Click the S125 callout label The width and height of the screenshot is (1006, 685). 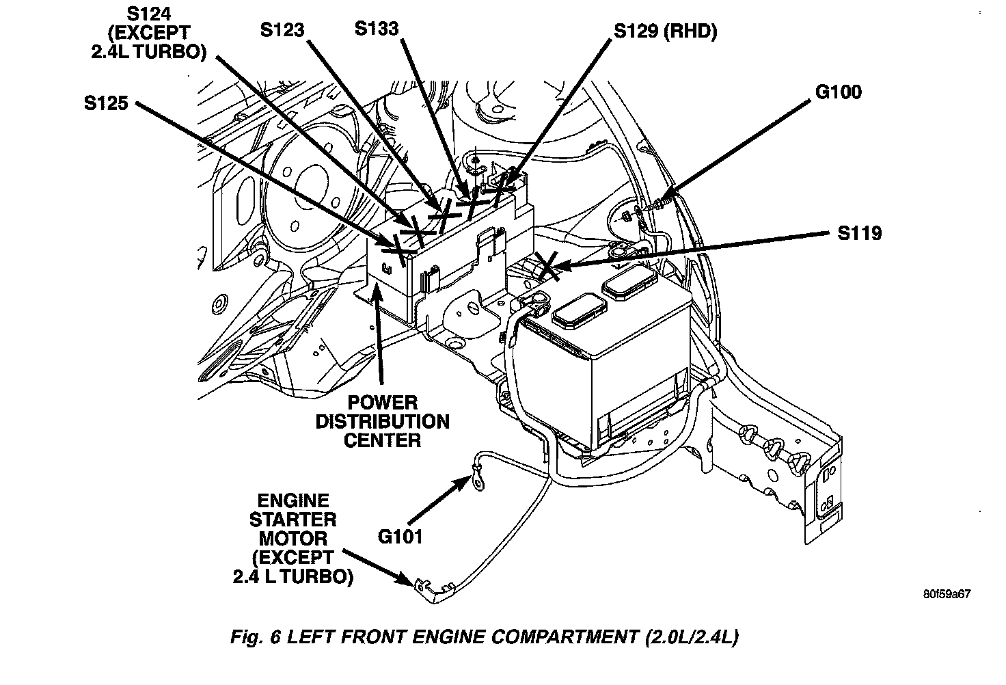(x=106, y=103)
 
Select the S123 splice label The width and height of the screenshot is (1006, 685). (x=282, y=29)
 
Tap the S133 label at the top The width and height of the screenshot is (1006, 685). (x=376, y=28)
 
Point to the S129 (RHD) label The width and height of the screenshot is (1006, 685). (x=665, y=31)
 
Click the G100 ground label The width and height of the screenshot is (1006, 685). (x=839, y=92)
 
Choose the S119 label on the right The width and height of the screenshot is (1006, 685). (x=860, y=233)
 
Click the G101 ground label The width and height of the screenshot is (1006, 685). (x=400, y=535)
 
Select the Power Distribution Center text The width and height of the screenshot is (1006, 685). (x=382, y=421)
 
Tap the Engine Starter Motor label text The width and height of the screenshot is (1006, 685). (x=293, y=539)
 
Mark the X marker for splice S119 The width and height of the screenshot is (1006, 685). (x=548, y=265)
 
